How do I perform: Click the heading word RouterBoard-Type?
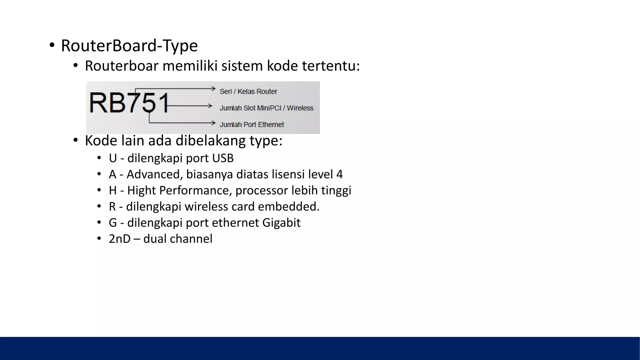click(129, 46)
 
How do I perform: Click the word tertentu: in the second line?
click(331, 66)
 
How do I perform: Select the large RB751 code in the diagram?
click(129, 103)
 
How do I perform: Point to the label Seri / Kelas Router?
click(248, 92)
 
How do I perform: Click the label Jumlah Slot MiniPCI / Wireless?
click(266, 108)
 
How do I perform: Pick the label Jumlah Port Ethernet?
click(252, 125)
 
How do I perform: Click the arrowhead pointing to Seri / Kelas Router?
click(214, 89)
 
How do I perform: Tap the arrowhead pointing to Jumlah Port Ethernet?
click(214, 123)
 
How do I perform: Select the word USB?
click(223, 158)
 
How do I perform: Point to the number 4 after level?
click(339, 174)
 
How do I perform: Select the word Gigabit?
click(281, 223)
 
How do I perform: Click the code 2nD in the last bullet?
click(119, 239)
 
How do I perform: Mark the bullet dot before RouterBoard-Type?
click(52, 46)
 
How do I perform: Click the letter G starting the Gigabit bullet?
click(113, 223)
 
